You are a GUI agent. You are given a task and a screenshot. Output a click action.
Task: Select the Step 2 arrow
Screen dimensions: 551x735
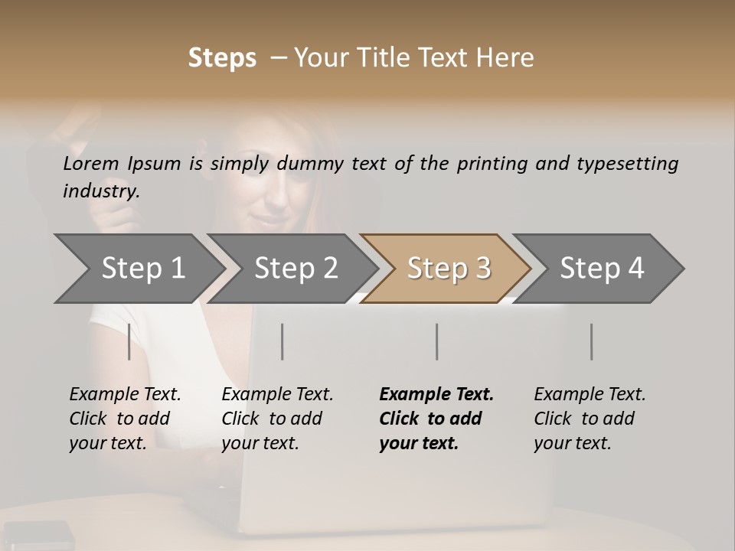(x=296, y=269)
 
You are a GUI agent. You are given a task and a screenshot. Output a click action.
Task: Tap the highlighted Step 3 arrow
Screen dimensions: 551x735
(x=449, y=269)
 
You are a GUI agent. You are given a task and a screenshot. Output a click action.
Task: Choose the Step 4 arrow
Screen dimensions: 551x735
(x=602, y=269)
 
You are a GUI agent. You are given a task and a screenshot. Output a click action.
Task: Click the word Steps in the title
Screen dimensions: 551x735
(x=222, y=57)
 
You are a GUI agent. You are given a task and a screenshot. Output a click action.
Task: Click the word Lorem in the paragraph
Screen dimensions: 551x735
(x=91, y=163)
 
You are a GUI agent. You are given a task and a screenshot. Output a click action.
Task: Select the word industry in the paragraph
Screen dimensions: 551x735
(x=100, y=191)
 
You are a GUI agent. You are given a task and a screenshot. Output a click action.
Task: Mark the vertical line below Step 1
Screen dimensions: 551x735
(x=129, y=341)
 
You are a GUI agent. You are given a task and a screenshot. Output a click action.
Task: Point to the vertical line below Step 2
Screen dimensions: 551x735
(x=283, y=341)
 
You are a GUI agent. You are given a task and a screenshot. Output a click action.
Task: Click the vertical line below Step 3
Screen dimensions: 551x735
(x=437, y=341)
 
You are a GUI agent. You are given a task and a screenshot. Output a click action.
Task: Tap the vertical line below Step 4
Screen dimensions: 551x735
(x=592, y=341)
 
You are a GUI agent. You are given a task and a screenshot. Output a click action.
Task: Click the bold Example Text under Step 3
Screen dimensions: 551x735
(x=436, y=395)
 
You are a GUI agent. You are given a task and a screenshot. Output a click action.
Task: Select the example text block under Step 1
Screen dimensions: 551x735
(x=125, y=419)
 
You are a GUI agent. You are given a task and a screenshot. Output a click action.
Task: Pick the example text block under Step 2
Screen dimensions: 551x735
(x=277, y=419)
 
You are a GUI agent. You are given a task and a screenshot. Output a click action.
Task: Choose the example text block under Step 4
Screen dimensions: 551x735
(x=590, y=419)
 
